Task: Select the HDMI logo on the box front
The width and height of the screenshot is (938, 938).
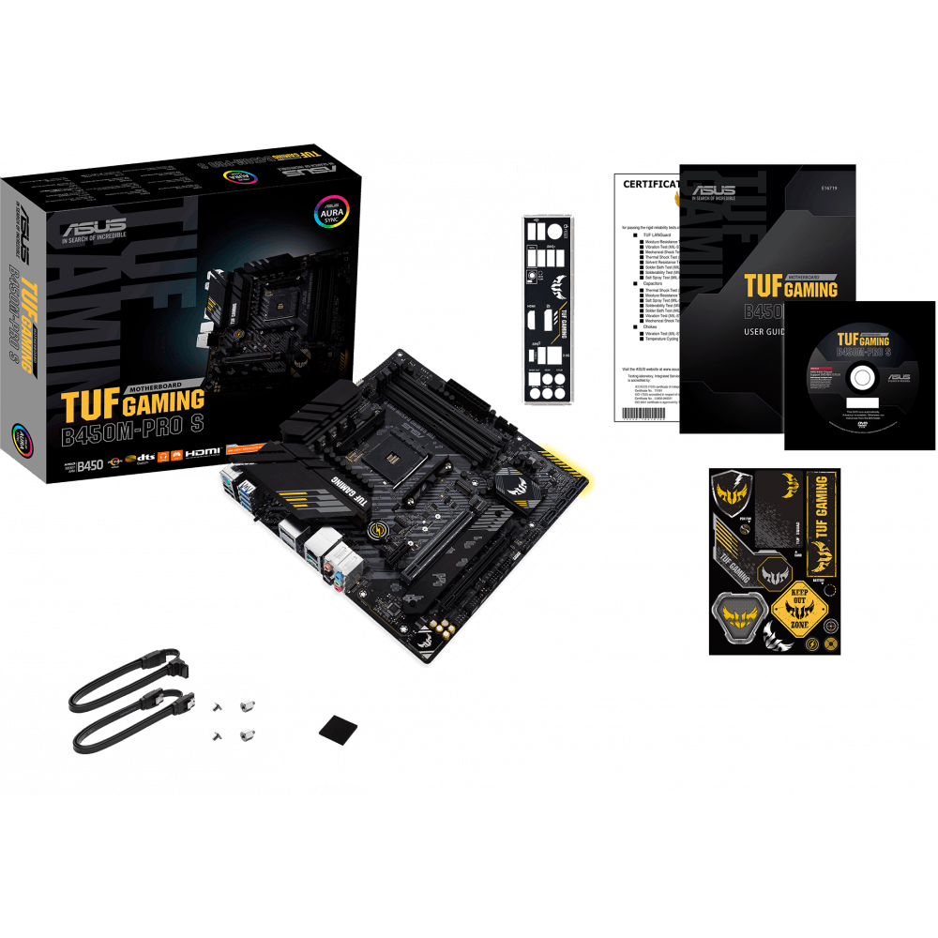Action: (202, 454)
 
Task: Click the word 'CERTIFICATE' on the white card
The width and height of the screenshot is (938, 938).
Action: (650, 184)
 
